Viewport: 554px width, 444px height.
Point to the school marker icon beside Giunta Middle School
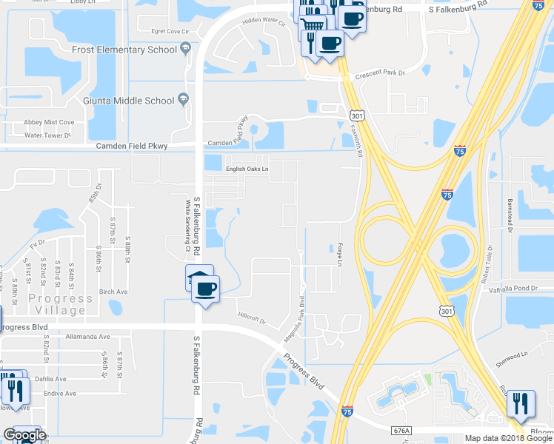[182, 101]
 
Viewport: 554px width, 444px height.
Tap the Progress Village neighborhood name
[50, 304]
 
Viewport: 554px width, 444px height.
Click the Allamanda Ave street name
[87, 337]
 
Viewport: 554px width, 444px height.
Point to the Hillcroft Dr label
[251, 315]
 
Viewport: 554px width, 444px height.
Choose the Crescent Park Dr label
[380, 73]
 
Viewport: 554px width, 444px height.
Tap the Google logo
[24, 435]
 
